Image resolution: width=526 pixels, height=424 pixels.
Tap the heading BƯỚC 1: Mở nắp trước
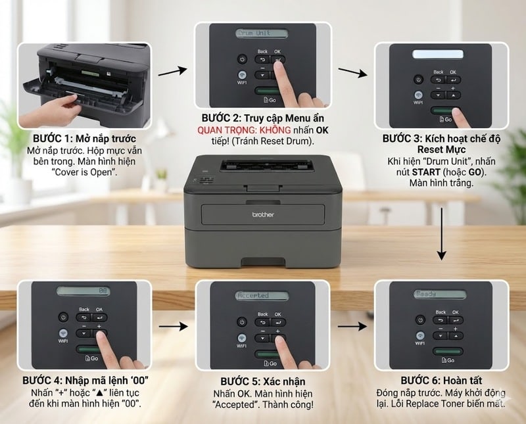pyautogui.click(x=84, y=139)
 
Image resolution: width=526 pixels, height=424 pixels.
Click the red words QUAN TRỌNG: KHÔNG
pyautogui.click(x=235, y=130)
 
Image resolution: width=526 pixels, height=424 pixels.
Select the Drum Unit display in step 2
pyautogui.click(x=262, y=33)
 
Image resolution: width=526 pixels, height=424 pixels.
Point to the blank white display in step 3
pyautogui.click(x=441, y=53)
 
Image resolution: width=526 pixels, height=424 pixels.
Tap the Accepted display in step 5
pyautogui.click(x=262, y=296)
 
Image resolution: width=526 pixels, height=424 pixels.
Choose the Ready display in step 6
pyautogui.click(x=441, y=294)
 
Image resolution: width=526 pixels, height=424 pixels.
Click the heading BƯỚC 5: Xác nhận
pyautogui.click(x=262, y=381)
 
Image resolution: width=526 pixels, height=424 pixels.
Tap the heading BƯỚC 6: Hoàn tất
pyautogui.click(x=441, y=381)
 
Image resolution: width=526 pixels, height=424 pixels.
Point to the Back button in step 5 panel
pyautogui.click(x=263, y=322)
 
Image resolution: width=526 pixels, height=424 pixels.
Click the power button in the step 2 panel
pyautogui.click(x=243, y=59)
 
